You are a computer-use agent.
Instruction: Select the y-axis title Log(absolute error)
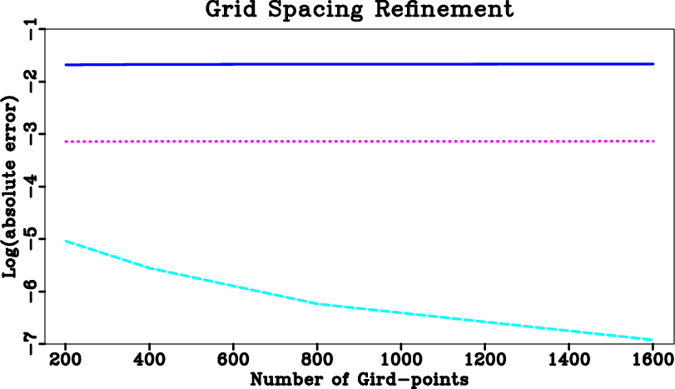click(12, 187)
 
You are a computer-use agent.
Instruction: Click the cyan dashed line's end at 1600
click(653, 340)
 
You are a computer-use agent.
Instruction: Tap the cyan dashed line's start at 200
click(65, 241)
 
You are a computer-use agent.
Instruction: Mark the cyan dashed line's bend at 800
click(317, 304)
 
